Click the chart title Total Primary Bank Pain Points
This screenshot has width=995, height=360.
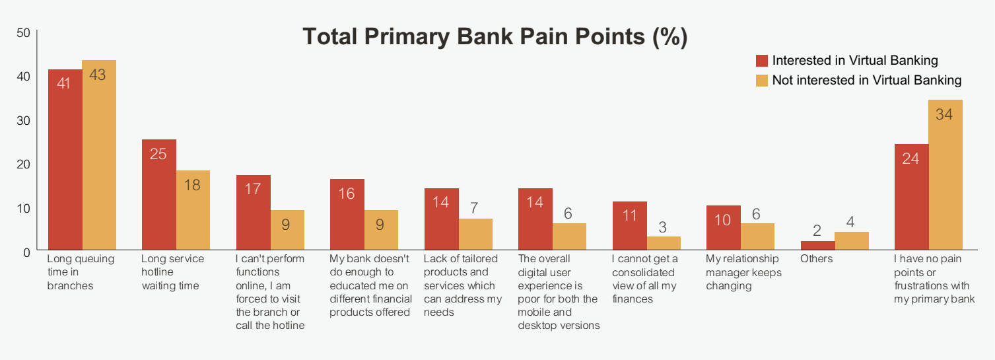[x=495, y=36]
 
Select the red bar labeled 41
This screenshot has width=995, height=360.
[x=65, y=160]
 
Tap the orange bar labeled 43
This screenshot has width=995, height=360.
[x=99, y=155]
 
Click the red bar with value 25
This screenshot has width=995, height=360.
[x=159, y=195]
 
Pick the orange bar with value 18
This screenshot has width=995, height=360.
[x=193, y=210]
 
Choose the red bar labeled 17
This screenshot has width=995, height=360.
[x=253, y=213]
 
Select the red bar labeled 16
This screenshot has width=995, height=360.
[x=347, y=214]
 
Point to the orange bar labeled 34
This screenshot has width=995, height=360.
[x=945, y=174]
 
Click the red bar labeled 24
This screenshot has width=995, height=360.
[x=912, y=197]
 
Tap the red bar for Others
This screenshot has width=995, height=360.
[x=818, y=245]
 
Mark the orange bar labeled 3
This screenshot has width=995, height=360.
[x=664, y=243]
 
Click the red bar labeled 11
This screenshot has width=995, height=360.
[x=630, y=226]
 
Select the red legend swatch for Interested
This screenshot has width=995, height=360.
[x=762, y=61]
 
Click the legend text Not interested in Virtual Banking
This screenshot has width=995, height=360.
[x=867, y=80]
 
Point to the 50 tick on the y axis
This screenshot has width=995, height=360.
[x=23, y=32]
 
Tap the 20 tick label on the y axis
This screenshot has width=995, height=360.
[x=23, y=164]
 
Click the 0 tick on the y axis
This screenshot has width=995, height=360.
[x=26, y=252]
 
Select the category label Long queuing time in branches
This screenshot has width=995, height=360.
[x=81, y=272]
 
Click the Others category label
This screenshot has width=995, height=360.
[x=817, y=259]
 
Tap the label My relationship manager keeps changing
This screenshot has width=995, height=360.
[x=743, y=272]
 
